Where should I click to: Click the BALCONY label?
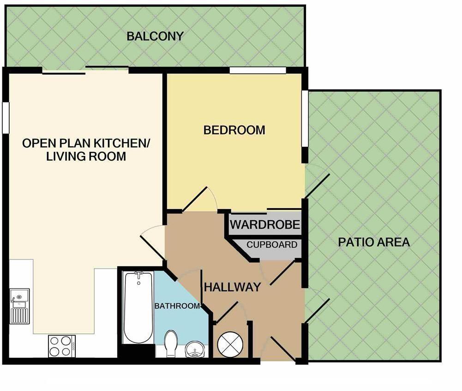[x=155, y=36]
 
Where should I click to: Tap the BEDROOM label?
[x=234, y=130]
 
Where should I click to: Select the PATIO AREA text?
[x=374, y=242]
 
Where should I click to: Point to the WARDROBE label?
[x=265, y=225]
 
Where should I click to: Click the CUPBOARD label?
[x=272, y=245]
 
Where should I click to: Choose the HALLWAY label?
[x=233, y=287]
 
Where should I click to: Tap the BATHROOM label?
[x=177, y=306]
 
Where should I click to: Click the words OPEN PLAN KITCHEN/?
[x=86, y=143]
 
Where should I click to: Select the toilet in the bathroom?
[x=171, y=344]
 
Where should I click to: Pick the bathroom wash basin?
[x=195, y=351]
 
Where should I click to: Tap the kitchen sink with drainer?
[x=19, y=306]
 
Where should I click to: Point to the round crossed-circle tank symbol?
[x=230, y=344]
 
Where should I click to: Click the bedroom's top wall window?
[x=258, y=71]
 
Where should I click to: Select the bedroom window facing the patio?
[x=305, y=118]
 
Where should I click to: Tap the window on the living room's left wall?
[x=6, y=118]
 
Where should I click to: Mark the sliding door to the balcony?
[x=85, y=71]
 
